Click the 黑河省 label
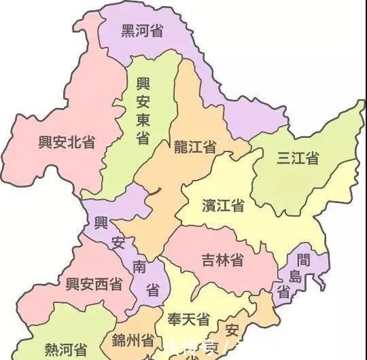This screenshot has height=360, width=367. [x=141, y=31]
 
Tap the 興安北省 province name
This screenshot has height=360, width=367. [x=67, y=142]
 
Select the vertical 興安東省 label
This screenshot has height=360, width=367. [x=143, y=111]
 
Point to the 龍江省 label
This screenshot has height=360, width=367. [x=195, y=147]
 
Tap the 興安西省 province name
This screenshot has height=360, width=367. [x=94, y=284]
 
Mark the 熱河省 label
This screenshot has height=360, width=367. [x=66, y=350]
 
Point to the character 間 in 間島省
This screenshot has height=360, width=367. [x=304, y=259]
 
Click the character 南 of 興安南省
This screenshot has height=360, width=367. [x=139, y=267]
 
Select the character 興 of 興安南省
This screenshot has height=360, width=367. [x=101, y=223]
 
